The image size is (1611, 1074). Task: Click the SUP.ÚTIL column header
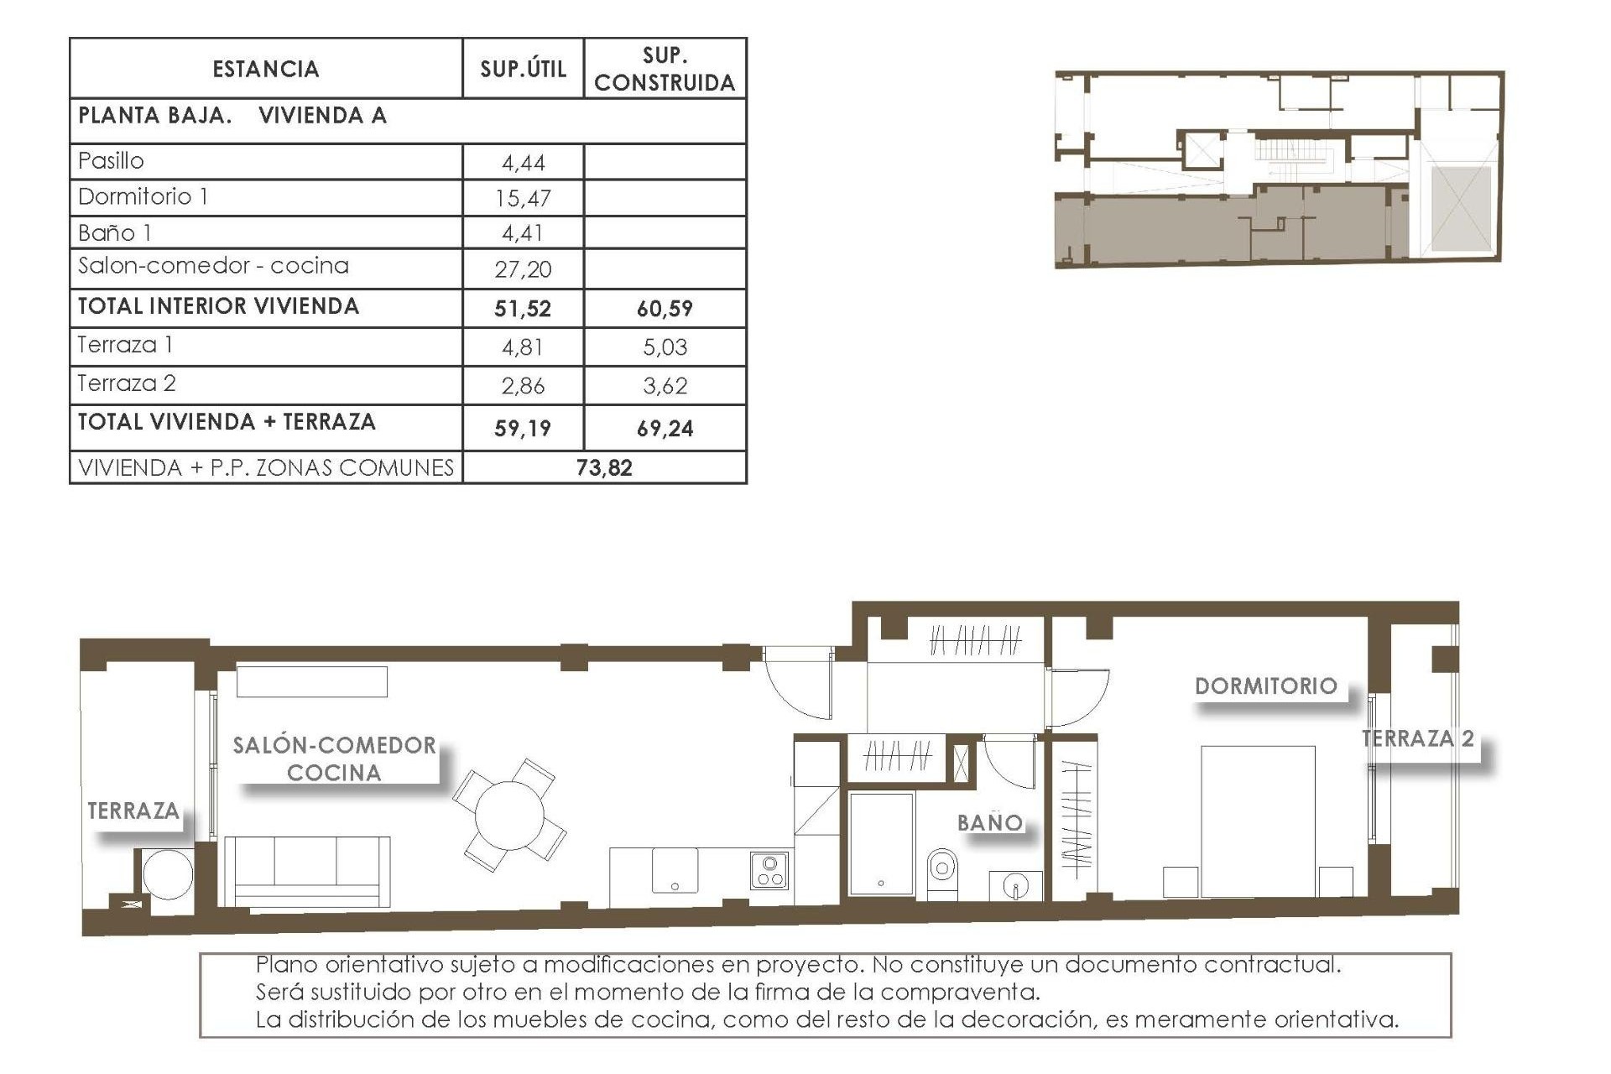(x=523, y=69)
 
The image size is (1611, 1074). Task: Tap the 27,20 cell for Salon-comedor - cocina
(x=523, y=269)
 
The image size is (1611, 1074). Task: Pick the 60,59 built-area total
(x=665, y=309)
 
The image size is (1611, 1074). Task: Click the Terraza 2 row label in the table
(x=127, y=383)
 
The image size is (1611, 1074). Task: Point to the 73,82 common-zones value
(x=604, y=468)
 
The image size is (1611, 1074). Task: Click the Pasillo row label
(x=111, y=160)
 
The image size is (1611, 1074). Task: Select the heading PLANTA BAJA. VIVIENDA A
(x=232, y=116)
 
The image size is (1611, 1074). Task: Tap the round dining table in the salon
(x=508, y=815)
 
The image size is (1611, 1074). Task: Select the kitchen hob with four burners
(x=769, y=871)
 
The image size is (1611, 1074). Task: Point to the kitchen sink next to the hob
(x=675, y=871)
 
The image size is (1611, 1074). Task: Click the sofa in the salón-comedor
(x=307, y=871)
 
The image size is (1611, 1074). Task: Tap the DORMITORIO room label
(x=1265, y=686)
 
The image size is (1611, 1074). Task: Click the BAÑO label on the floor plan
(x=990, y=823)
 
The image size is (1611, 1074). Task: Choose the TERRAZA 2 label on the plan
(x=1417, y=739)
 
